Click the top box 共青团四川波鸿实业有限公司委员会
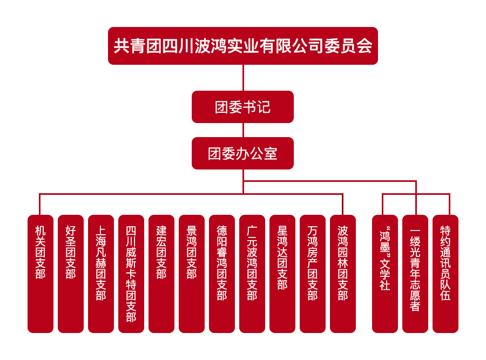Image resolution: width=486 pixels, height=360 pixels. tap(242, 46)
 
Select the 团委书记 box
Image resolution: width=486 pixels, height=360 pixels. tap(242, 107)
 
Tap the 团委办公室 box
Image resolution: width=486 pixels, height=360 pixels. tap(242, 153)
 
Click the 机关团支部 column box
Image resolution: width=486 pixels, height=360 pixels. tap(40, 274)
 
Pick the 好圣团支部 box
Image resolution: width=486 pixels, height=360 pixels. tap(71, 274)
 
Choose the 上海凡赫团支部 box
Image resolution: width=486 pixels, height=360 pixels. tap(101, 274)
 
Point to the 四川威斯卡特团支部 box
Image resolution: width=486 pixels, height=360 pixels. tap(131, 274)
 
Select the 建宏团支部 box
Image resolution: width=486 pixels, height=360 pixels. tap(161, 274)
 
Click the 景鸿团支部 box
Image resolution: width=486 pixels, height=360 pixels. tap(192, 274)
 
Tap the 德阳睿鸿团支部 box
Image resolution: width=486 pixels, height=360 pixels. tap(222, 274)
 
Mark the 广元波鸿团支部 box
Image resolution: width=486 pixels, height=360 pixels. tap(252, 274)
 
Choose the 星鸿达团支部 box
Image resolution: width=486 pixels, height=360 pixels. tap(282, 274)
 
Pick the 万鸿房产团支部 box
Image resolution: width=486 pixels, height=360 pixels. tap(313, 274)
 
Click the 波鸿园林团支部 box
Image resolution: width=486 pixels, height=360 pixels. tap(343, 274)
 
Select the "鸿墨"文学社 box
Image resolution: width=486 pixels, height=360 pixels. tap(385, 274)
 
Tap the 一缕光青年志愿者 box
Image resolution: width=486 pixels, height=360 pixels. tap(415, 274)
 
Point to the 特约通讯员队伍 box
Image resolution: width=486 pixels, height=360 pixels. tap(446, 274)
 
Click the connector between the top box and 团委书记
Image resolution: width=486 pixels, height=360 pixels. tap(243, 78)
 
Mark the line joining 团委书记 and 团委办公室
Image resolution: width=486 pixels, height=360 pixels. tap(243, 130)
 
